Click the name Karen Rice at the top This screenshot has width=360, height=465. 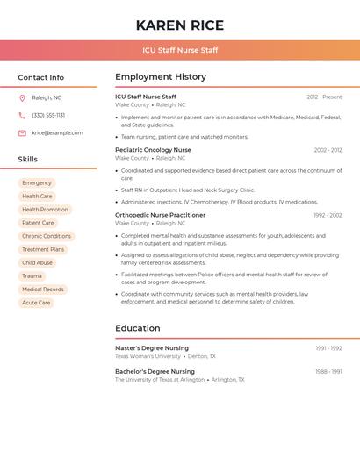[x=180, y=25]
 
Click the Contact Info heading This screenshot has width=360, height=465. [x=41, y=77]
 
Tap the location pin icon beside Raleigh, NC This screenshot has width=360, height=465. [x=22, y=97]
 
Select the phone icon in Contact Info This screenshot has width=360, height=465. [x=22, y=115]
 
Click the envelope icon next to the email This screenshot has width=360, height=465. [x=22, y=132]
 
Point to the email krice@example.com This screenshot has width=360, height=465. [x=57, y=132]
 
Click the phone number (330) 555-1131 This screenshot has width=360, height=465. [x=48, y=115]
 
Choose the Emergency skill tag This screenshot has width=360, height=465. [x=37, y=182]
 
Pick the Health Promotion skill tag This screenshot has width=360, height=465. [x=45, y=210]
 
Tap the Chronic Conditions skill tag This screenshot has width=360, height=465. [x=47, y=236]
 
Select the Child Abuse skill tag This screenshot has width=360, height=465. [x=38, y=262]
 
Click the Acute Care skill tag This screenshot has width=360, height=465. [x=36, y=303]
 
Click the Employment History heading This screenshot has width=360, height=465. [x=161, y=76]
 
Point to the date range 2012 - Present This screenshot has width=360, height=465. [x=324, y=97]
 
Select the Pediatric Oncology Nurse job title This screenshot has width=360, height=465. [x=153, y=150]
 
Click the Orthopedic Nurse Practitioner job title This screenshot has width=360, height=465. [x=160, y=215]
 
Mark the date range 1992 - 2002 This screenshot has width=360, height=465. [x=328, y=215]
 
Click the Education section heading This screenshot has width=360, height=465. [x=138, y=328]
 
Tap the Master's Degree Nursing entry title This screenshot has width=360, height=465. [x=152, y=348]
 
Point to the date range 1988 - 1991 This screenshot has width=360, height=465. [x=328, y=371]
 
